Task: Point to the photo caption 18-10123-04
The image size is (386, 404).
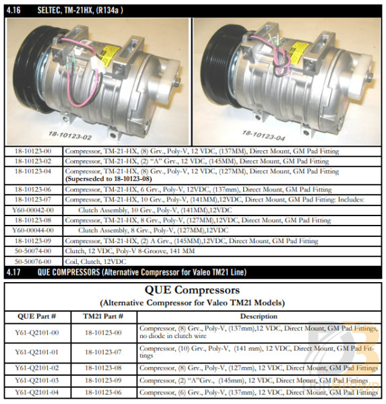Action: pyautogui.click(x=263, y=135)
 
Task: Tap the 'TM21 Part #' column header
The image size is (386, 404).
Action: pyautogui.click(x=102, y=316)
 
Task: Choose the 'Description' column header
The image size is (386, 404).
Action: pyautogui.click(x=258, y=316)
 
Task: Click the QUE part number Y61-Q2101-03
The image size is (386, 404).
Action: pyautogui.click(x=36, y=380)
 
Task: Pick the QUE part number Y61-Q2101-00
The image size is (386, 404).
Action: pyautogui.click(x=36, y=332)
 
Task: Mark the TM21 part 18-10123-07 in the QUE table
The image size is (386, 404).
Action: pyautogui.click(x=103, y=351)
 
